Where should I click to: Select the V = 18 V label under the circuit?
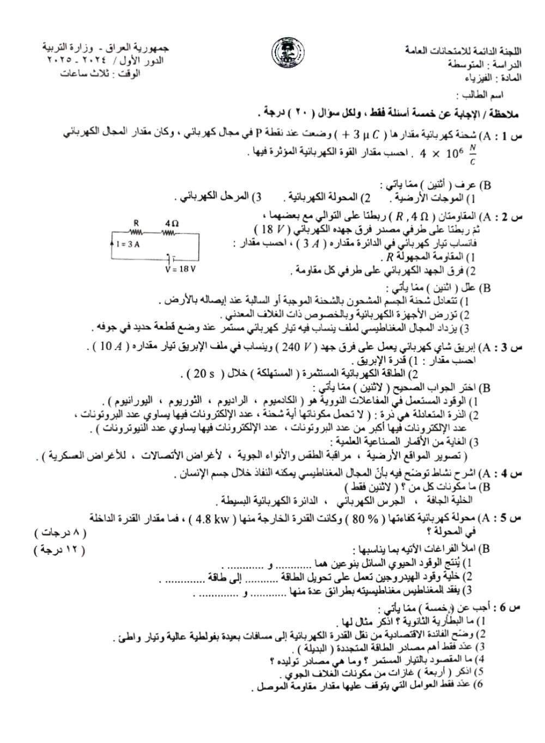click(x=179, y=269)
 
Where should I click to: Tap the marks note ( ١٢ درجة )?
click(x=60, y=550)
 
